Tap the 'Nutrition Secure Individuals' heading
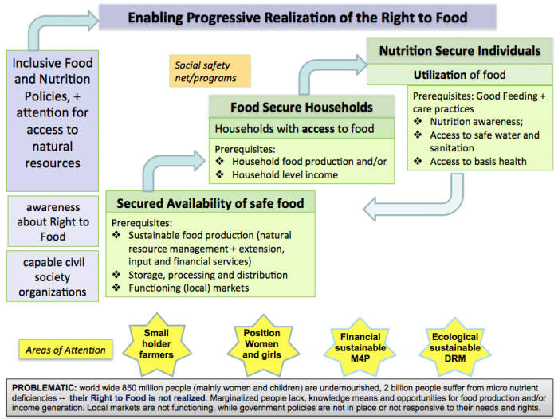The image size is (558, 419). [459, 51]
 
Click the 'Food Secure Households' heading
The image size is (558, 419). [301, 107]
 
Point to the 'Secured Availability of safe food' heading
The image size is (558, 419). [210, 203]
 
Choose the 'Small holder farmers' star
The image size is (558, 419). [157, 344]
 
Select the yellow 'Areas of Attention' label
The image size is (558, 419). [63, 350]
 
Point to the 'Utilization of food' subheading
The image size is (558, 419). [459, 75]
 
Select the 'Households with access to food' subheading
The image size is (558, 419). [294, 128]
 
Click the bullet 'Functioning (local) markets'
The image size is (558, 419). [189, 288]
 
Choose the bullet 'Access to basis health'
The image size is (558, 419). [477, 161]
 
